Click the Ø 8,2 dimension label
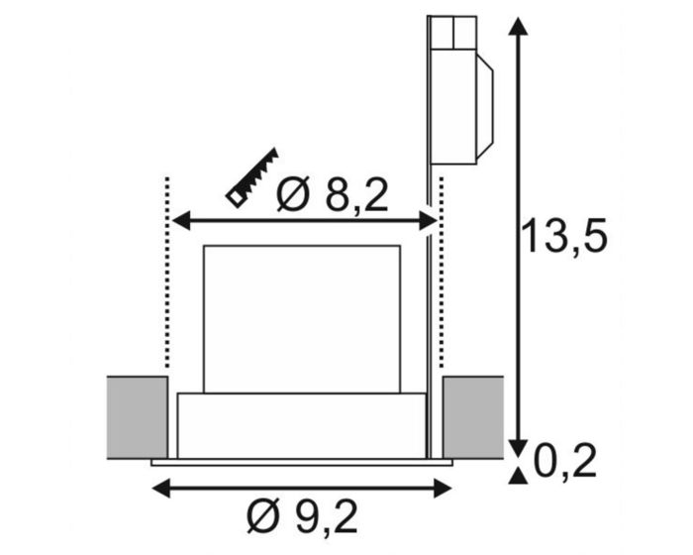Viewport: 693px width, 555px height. point(332,194)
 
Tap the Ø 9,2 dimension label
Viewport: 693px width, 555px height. point(302,517)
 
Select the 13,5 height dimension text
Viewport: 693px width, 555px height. point(564,236)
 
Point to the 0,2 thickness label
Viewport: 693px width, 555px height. point(565,461)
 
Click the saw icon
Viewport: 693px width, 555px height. point(252,177)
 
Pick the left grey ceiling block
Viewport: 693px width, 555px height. point(138,417)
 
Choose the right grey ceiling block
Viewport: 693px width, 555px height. point(473,417)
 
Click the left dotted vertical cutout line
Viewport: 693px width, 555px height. point(167,273)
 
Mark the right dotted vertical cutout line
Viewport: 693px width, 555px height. point(441,273)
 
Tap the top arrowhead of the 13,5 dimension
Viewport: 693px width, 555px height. point(518,26)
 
